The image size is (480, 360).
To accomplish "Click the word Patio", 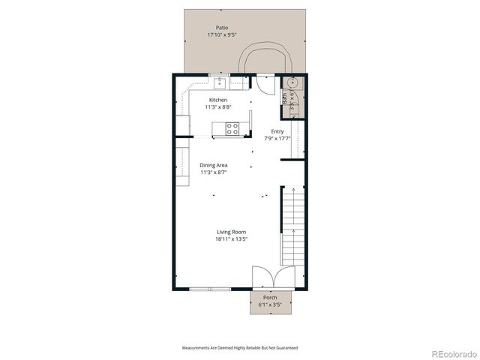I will tap(222, 28).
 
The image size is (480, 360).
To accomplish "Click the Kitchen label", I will tap(218, 100).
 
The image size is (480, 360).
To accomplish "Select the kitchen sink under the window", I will tap(220, 83).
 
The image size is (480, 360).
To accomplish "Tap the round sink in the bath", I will tap(292, 82).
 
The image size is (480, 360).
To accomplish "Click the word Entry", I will tap(277, 131).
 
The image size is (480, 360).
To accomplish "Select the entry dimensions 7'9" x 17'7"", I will tap(277, 139).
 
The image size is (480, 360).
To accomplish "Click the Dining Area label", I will tap(214, 165).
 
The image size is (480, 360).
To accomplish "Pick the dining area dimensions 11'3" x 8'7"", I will tap(214, 172).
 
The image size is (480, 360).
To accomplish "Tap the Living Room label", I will tap(232, 232).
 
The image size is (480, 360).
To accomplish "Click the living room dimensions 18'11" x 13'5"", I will tap(232, 239).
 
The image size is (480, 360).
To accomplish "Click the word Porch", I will tap(269, 298).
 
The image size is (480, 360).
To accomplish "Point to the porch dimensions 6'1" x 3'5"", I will tap(269, 305).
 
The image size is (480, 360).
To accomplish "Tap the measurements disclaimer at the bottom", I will tap(240, 348).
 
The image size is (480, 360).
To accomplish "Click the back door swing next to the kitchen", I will tap(265, 83).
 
